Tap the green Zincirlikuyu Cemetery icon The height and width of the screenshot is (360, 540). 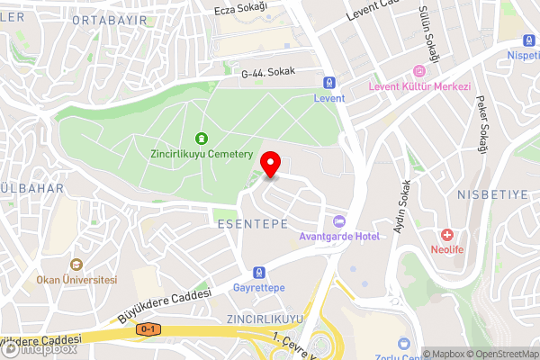click(x=201, y=139)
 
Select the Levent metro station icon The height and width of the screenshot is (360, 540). click(x=328, y=81)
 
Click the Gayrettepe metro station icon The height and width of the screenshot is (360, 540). click(x=259, y=271)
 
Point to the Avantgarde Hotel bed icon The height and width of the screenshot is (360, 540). click(x=339, y=220)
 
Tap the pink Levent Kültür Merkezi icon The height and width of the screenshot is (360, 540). click(x=418, y=71)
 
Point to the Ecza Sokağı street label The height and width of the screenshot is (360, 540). click(x=241, y=9)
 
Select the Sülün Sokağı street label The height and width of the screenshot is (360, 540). click(x=427, y=32)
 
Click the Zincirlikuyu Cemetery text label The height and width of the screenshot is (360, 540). click(x=201, y=155)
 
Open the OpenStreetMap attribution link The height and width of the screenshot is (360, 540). click(x=500, y=354)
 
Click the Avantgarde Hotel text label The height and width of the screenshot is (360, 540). click(x=339, y=237)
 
